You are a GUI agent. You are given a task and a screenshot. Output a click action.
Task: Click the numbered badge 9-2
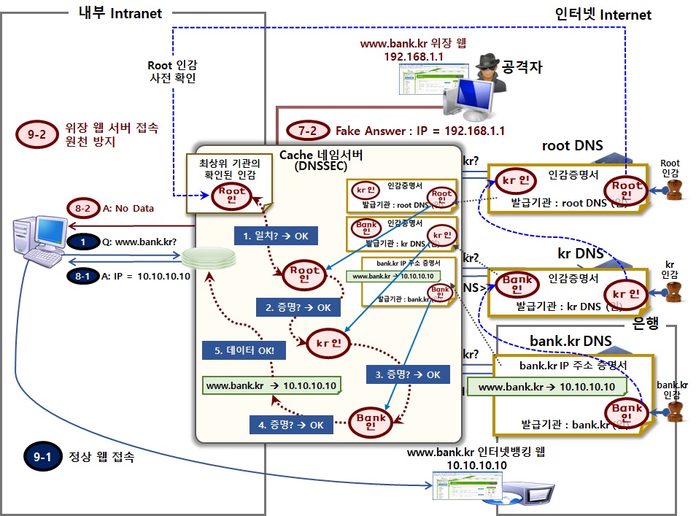[x=35, y=134]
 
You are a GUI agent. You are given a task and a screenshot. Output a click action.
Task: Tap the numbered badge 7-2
[x=307, y=131]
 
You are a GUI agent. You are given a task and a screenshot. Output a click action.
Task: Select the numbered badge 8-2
[x=82, y=208]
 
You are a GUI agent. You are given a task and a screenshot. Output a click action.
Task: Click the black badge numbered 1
[x=83, y=241]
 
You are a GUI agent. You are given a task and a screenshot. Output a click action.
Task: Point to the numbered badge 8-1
[x=83, y=276]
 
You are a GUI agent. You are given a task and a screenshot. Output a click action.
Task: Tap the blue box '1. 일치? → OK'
[x=270, y=236]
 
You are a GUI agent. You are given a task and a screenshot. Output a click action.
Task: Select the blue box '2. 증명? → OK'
[x=292, y=307]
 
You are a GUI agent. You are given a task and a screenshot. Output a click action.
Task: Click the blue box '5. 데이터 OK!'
[x=244, y=350]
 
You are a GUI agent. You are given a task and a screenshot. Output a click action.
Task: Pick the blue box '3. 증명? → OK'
[x=408, y=374]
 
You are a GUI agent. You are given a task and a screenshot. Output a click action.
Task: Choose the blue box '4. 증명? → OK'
[x=290, y=424]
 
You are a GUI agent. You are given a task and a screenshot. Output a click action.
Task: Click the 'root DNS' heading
[x=572, y=145]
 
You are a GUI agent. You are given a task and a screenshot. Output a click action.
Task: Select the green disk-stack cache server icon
[x=209, y=258]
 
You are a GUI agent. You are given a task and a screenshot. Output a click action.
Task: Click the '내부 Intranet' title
[x=120, y=12]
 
